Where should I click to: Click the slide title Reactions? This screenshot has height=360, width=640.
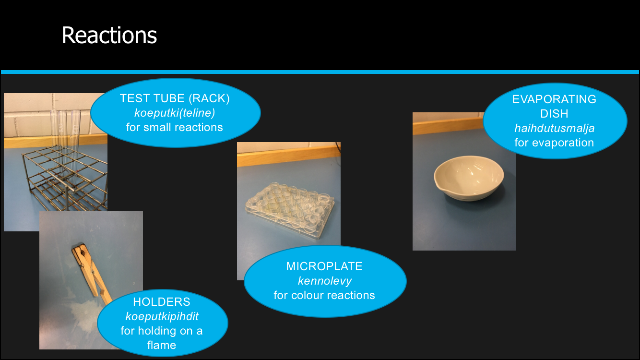point(109,35)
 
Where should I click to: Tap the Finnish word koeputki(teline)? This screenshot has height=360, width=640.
point(175,113)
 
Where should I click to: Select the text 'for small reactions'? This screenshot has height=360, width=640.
point(174,127)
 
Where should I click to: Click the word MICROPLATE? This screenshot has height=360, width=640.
point(324,266)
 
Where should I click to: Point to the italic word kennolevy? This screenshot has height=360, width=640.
point(325,281)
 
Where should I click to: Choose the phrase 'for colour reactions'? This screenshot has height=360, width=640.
point(324,295)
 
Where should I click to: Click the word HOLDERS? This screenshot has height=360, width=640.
point(161,301)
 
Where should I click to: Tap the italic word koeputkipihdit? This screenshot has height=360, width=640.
point(162,316)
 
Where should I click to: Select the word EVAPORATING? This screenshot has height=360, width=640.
point(554,99)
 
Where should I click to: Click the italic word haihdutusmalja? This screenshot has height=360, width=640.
point(554,128)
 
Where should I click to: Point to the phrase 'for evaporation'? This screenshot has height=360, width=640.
point(554,143)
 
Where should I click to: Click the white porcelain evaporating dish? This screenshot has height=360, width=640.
point(469,178)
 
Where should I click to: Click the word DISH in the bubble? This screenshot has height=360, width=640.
point(554,113)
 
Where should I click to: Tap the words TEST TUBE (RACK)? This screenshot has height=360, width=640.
point(175,98)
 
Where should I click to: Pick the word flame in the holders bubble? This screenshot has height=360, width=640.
point(161,345)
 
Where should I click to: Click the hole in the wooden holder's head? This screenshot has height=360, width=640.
point(83,252)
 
